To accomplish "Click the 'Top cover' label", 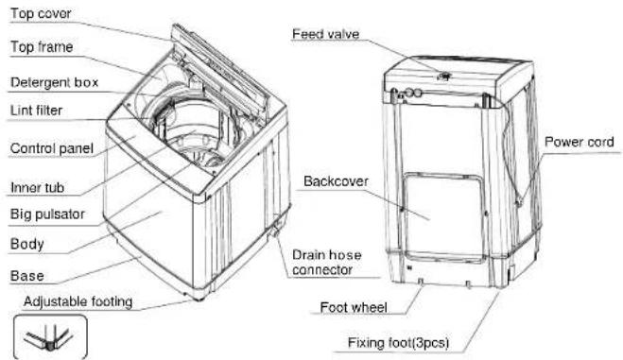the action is tap(41, 14).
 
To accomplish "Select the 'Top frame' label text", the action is tap(42, 47).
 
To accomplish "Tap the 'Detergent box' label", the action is tap(55, 82).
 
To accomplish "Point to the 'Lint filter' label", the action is tap(37, 111).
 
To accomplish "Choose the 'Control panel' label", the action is tap(52, 149).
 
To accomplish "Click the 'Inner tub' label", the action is tap(38, 187).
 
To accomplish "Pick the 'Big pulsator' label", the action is tap(47, 214).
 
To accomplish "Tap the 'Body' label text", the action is tap(27, 244).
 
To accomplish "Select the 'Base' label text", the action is tap(27, 276).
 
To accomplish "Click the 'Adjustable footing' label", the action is tap(78, 302).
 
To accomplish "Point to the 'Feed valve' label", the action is tap(326, 34).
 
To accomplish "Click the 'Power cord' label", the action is tap(580, 142).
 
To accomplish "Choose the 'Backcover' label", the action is tap(336, 181).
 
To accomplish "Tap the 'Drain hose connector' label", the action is tap(326, 263).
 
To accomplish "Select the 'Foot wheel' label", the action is tap(354, 308).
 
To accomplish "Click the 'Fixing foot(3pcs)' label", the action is tap(399, 343).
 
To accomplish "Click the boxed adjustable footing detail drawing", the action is tap(50, 337).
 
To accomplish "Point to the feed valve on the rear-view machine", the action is tap(443, 76).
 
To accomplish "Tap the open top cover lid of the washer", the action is tap(218, 67).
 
